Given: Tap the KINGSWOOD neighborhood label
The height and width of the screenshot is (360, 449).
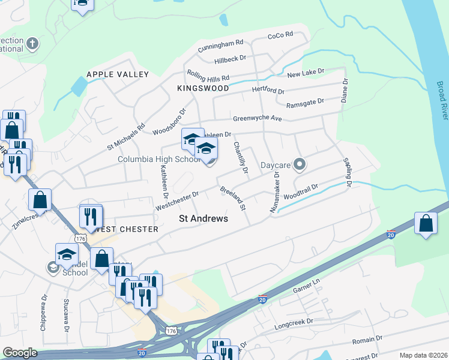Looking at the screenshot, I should pos(203,88).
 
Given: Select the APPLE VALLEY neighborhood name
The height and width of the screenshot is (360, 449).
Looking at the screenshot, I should pos(118,74).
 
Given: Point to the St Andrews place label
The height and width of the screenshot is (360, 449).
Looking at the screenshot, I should pos(203,219).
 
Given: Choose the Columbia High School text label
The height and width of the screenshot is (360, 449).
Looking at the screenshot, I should pos(158,160).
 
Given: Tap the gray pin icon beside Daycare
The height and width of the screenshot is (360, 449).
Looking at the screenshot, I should pos(300,164).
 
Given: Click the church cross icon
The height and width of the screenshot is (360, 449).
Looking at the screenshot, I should pos(32,43).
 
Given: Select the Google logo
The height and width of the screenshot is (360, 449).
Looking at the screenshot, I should pos(20,353).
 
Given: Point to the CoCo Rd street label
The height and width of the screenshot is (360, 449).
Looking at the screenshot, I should pos(280,35).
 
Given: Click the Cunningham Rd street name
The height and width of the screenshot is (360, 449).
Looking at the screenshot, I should pos(221,43).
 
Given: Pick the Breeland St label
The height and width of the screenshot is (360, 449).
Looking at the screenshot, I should pos(234,199).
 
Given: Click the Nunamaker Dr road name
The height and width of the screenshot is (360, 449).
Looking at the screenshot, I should pos(274,191).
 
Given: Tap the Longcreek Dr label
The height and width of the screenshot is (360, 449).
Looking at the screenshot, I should pos(294,322).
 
